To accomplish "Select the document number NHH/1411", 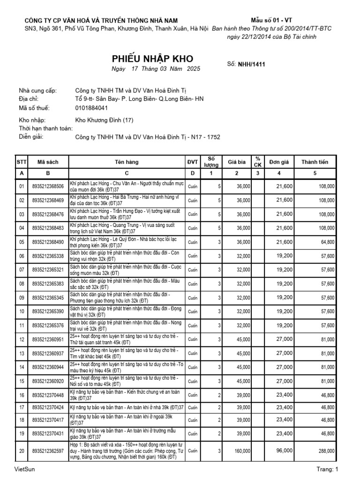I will click(252, 65).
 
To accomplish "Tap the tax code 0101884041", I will click(91, 108).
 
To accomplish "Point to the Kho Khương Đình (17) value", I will click(104, 120).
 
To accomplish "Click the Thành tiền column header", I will click(315, 162).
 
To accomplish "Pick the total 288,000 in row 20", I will click(327, 451).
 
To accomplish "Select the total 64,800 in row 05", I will click(328, 242).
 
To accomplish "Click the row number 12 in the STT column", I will click(21, 339).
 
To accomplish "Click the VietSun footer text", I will click(24, 469).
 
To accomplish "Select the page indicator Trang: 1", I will click(327, 469).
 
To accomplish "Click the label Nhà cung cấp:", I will click(37, 91).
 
